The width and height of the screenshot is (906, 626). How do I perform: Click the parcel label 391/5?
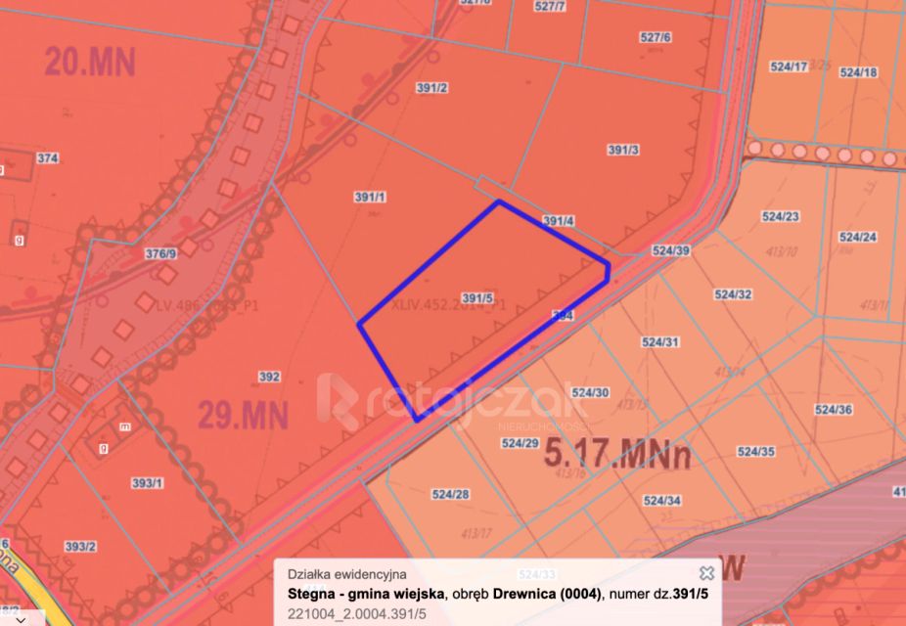coord(476,298)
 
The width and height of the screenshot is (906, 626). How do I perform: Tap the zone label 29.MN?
coord(244,416)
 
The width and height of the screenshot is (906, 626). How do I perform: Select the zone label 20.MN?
coord(89,62)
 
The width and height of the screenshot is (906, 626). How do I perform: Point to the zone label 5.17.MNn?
coord(617,455)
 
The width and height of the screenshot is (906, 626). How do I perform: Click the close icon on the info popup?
coord(706,573)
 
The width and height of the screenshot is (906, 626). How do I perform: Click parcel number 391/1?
coord(371,197)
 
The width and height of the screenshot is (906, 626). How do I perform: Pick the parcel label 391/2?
coord(431,88)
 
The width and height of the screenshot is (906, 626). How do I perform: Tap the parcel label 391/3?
coord(623,150)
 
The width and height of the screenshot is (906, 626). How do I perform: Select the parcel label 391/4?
coord(558,221)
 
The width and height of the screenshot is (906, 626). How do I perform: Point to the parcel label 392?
coord(270,377)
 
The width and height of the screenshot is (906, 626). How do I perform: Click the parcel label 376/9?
coord(160,254)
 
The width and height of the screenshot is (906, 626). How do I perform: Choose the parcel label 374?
coord(47,157)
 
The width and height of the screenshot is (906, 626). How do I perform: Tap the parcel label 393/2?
coord(80,546)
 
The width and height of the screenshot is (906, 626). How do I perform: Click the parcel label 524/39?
coord(671,251)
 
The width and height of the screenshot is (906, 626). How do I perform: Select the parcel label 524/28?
coord(450,494)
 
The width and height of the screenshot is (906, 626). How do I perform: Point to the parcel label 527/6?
coord(656,37)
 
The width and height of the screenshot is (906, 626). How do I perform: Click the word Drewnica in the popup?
coord(526,594)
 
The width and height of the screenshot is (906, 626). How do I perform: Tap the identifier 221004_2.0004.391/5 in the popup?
coord(357,613)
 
